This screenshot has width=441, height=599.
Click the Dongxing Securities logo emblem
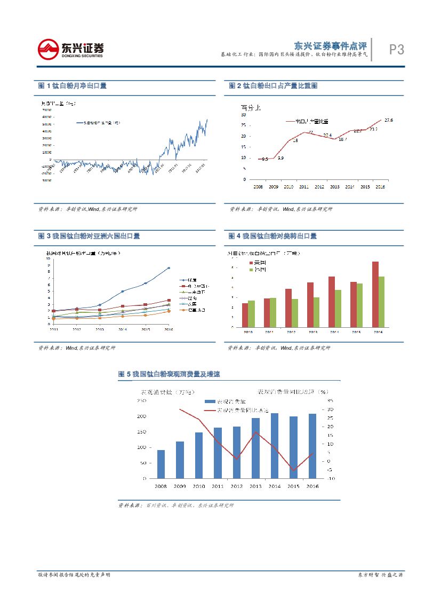click(x=49, y=50)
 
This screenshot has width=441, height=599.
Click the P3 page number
click(x=396, y=50)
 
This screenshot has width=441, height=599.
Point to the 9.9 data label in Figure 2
click(x=280, y=158)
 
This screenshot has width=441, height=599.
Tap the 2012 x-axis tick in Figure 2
click(x=319, y=187)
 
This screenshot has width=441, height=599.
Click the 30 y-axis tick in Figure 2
click(x=244, y=114)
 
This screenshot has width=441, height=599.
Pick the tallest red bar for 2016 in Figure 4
click(x=375, y=294)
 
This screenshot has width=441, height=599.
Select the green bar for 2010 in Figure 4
click(x=251, y=313)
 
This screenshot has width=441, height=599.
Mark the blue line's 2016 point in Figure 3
click(x=169, y=268)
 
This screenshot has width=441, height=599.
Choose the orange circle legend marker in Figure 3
click(x=182, y=310)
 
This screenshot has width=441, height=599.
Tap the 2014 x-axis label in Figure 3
click(x=123, y=329)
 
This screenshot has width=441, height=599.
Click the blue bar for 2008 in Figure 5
click(x=161, y=464)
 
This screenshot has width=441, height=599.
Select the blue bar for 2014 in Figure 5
click(x=274, y=446)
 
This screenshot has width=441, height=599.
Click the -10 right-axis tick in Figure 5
click(x=331, y=478)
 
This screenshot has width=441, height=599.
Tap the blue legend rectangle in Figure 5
click(x=210, y=401)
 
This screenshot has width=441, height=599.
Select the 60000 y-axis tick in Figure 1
click(x=46, y=117)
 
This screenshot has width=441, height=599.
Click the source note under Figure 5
click(x=176, y=505)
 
